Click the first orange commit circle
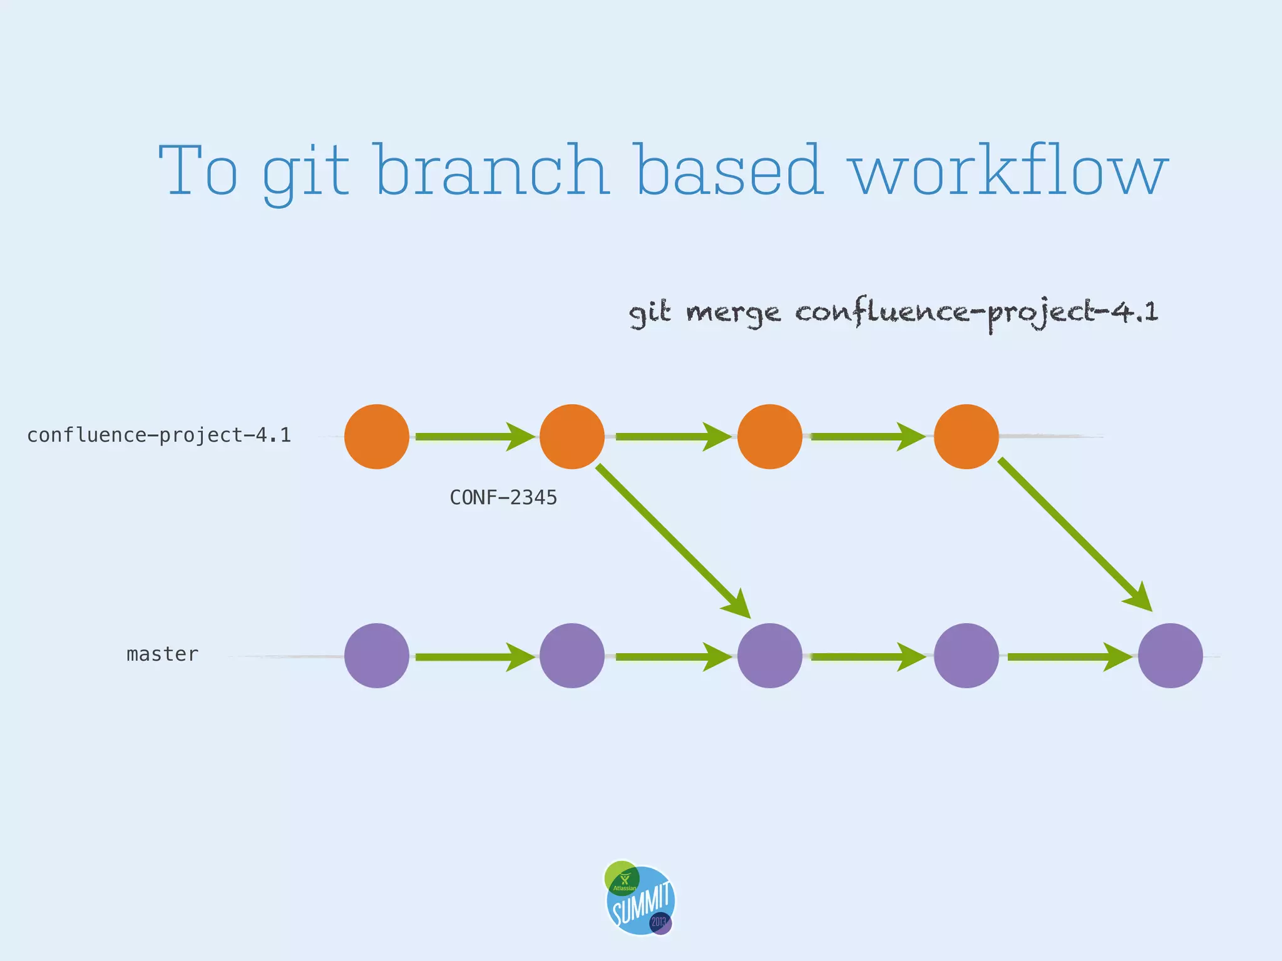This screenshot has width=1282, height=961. (376, 436)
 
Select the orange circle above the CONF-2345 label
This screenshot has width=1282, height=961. (572, 436)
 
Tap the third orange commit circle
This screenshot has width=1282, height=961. (769, 436)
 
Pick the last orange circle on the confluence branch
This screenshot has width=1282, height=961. (966, 436)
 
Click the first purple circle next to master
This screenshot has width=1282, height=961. (376, 655)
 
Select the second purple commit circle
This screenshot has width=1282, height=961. (572, 655)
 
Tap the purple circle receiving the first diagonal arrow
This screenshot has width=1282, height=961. (769, 655)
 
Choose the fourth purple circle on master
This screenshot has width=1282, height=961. (966, 655)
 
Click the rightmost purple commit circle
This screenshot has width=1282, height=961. (1170, 655)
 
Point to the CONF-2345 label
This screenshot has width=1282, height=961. (503, 497)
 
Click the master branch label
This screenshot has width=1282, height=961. (162, 654)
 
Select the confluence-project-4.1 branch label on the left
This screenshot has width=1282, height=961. (159, 435)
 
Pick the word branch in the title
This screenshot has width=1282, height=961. (492, 170)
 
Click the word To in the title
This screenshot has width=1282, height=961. (198, 170)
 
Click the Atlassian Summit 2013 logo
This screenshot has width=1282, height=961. (640, 898)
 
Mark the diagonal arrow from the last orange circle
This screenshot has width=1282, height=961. (1074, 534)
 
